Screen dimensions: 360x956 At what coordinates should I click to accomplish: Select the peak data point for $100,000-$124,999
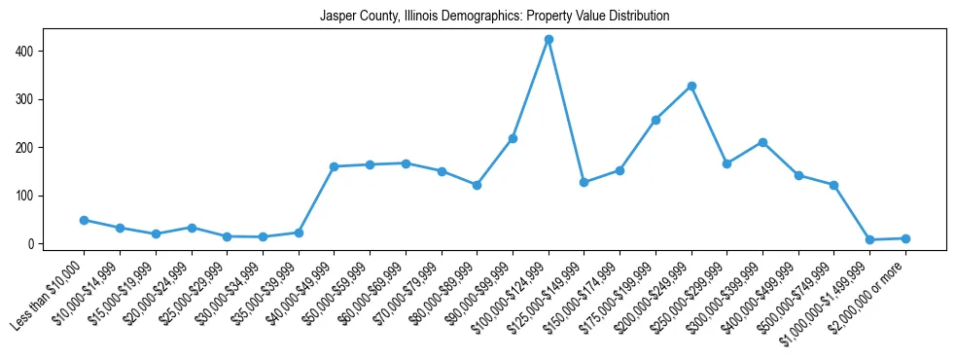point(549,39)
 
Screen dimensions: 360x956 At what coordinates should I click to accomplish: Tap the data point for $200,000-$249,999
point(691,86)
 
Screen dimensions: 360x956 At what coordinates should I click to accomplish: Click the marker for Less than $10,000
point(84,220)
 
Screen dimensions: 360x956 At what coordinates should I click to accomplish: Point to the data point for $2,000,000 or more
point(905,238)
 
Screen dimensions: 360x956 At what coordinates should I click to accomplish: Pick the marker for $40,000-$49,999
point(334,166)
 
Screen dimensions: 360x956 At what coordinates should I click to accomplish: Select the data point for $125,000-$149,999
point(584,182)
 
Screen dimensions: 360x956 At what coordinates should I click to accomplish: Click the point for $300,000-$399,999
point(762,142)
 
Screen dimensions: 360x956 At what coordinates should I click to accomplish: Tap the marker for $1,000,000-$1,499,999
point(869,239)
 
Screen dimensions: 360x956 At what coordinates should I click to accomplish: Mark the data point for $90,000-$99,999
point(513,138)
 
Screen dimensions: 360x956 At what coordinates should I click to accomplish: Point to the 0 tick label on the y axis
point(32,244)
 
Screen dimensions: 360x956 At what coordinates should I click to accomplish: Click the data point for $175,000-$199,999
point(655,120)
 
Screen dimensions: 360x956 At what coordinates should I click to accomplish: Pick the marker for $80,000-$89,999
point(477,185)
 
